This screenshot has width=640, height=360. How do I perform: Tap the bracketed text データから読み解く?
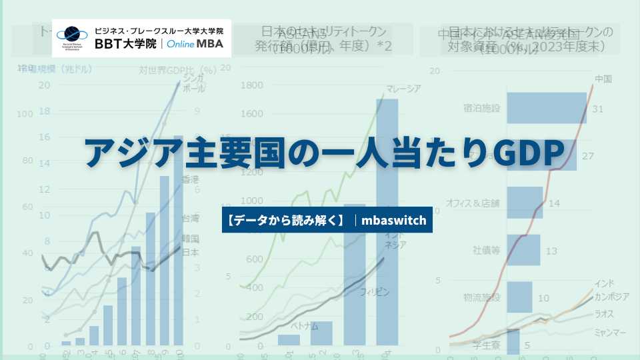[285, 219]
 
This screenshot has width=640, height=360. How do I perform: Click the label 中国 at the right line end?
[602, 79]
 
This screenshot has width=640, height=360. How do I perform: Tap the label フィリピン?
[374, 292]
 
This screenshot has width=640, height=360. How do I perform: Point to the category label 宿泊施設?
[481, 108]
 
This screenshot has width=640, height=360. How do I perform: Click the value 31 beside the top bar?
[598, 109]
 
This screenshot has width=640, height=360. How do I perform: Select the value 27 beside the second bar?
[588, 156]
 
